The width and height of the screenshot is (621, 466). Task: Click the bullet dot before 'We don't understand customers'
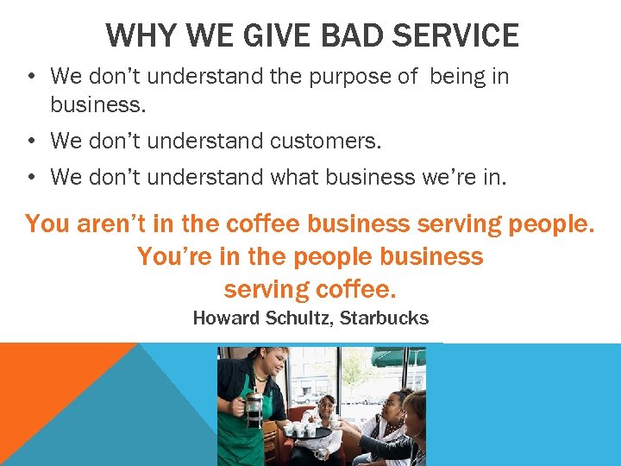pos(30,140)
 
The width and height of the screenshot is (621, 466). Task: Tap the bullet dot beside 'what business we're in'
pos(30,178)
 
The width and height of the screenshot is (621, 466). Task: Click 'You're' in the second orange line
pos(173,256)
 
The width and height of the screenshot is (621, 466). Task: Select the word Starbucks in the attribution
pos(384,318)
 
